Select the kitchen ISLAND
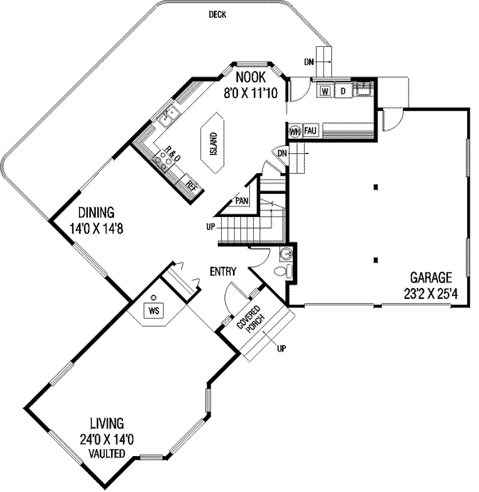coord(214,144)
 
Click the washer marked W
coord(326,92)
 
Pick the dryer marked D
coord(342,92)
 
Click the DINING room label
coord(96,213)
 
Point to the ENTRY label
coord(224,272)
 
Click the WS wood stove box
coord(153,309)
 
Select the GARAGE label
coord(431,277)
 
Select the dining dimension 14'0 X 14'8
coord(101,228)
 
